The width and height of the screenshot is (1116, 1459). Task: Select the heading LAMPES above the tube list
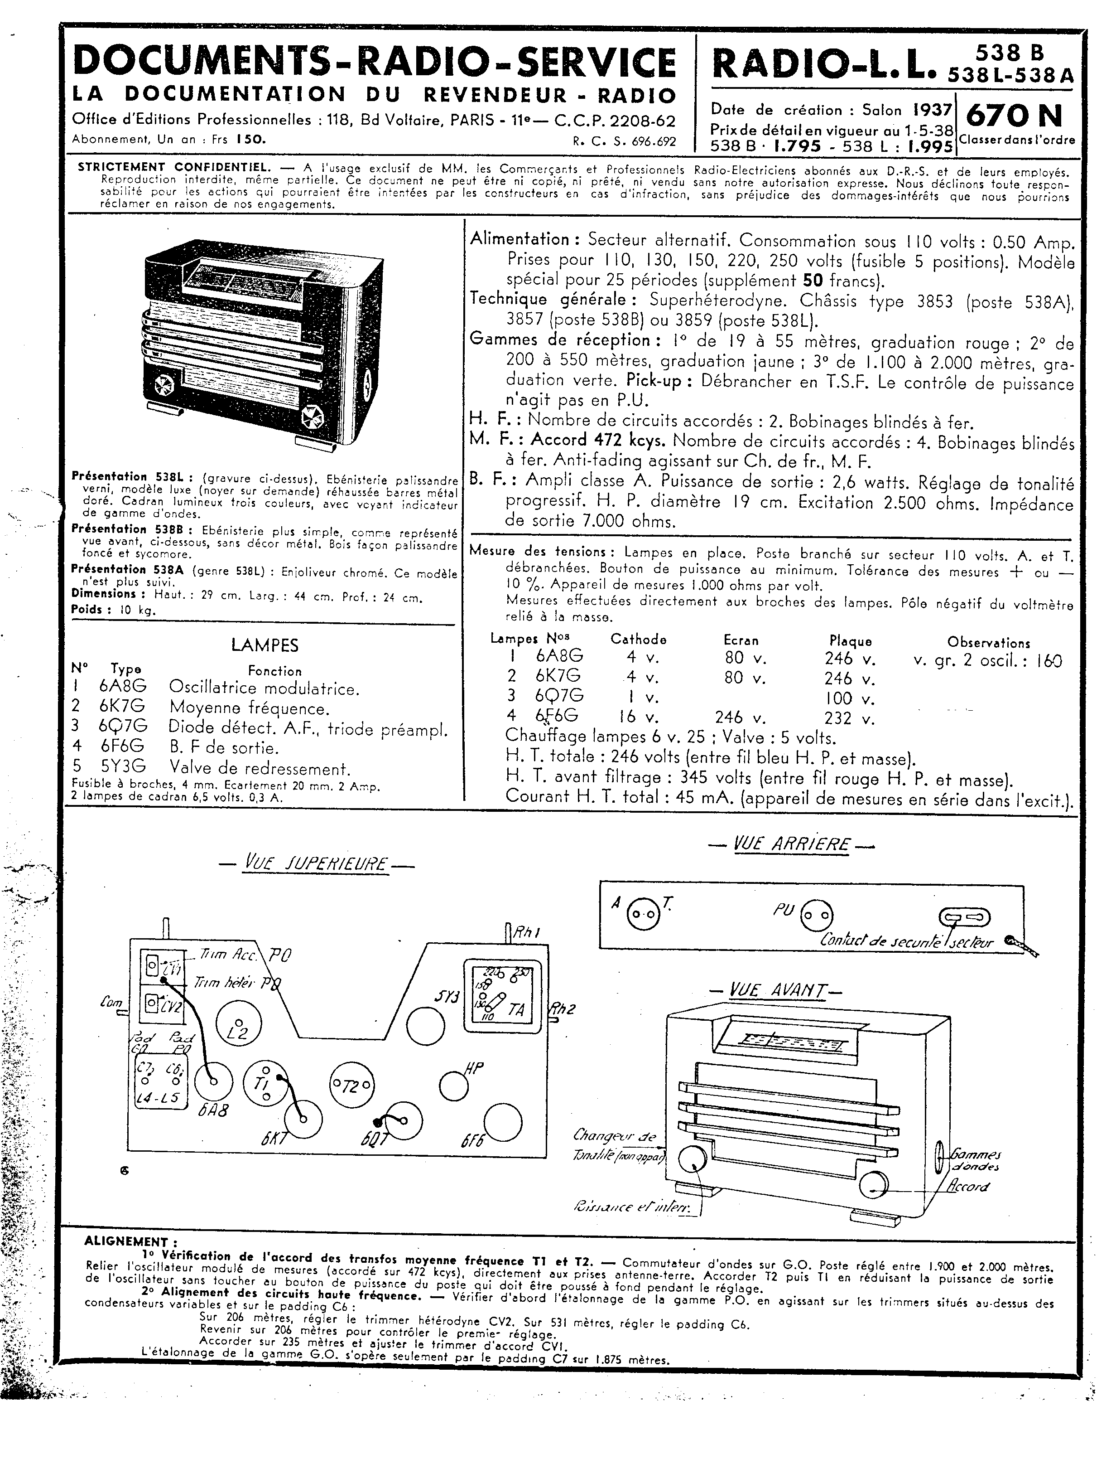click(x=265, y=645)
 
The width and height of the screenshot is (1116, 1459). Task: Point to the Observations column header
click(x=988, y=643)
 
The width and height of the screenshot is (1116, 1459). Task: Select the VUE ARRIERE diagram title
click(x=791, y=845)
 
